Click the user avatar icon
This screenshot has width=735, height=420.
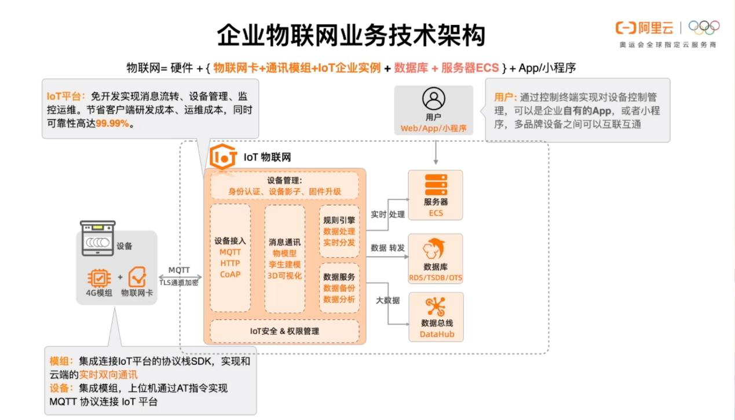pos(434,98)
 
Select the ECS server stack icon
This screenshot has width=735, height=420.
pos(436,184)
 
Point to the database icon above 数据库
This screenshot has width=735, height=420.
pos(436,249)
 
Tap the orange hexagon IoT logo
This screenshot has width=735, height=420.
pos(224,156)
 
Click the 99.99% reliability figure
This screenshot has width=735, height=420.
pos(112,123)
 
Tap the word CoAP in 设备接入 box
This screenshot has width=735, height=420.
pos(230,274)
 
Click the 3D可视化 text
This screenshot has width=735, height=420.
pos(284,275)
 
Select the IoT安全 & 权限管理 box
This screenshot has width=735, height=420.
pos(284,331)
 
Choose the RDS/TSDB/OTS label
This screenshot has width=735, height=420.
pos(436,278)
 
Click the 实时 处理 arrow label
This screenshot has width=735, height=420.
pos(387,214)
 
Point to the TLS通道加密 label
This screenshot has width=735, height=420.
pos(179,282)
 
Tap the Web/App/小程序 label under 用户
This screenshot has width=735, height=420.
pos(434,128)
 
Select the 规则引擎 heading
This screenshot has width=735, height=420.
pos(339,220)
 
